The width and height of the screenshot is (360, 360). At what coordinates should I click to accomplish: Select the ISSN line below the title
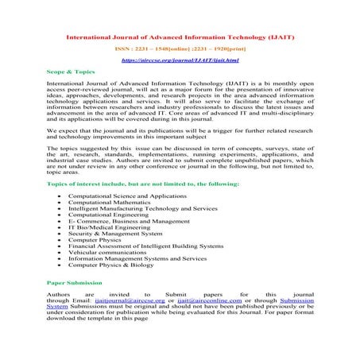(x=180, y=48)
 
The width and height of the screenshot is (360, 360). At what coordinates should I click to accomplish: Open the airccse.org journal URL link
(x=180, y=60)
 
